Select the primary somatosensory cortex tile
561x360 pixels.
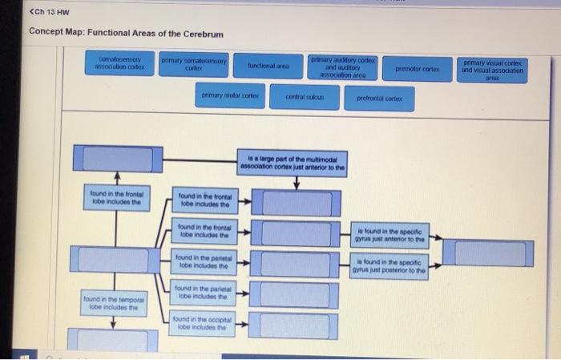(x=195, y=65)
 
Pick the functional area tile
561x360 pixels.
(x=268, y=67)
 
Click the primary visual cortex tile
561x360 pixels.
(x=492, y=71)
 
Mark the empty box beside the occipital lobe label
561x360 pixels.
(x=295, y=325)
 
